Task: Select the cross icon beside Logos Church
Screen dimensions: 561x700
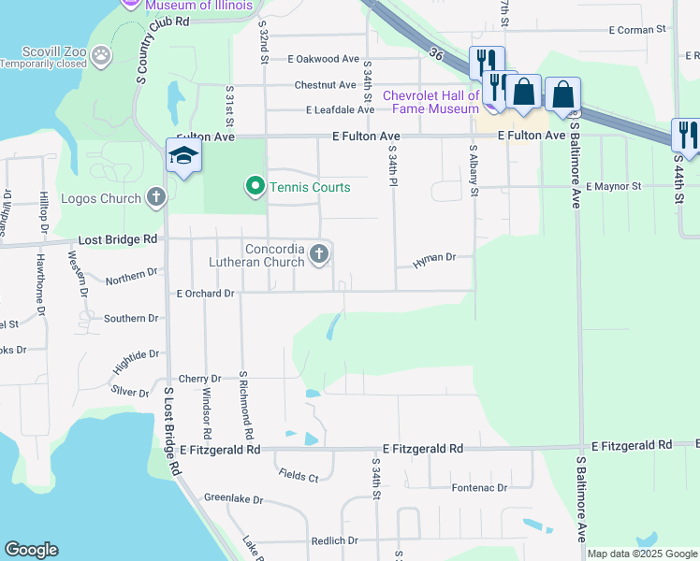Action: click(x=156, y=198)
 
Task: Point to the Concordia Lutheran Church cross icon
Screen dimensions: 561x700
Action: click(x=319, y=254)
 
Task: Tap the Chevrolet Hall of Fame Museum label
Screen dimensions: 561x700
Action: click(x=431, y=102)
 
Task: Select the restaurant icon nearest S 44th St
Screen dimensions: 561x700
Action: click(x=687, y=134)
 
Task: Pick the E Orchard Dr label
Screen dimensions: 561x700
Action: click(x=206, y=293)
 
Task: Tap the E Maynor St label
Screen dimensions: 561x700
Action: click(x=613, y=186)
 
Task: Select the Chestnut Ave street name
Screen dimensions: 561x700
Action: click(x=325, y=85)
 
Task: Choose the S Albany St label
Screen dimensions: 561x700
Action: click(x=474, y=170)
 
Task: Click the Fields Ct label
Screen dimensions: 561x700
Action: click(x=299, y=475)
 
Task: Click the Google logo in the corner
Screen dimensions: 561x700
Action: click(x=31, y=550)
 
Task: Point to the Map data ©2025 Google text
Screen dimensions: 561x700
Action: click(x=642, y=554)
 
